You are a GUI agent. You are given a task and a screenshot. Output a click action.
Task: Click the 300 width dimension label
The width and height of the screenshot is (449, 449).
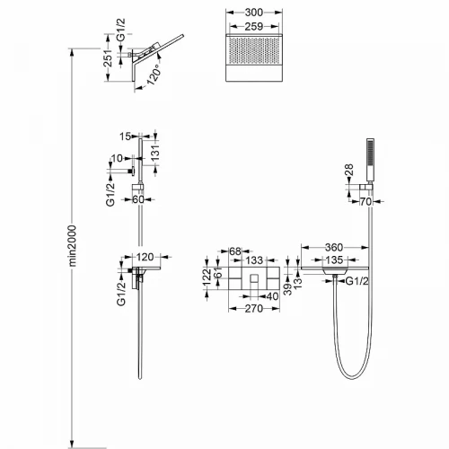tap(254, 13)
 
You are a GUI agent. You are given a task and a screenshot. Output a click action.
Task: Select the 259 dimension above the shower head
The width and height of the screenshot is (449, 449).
tap(254, 27)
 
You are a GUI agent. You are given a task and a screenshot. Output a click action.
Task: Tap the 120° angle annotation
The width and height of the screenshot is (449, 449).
tap(154, 77)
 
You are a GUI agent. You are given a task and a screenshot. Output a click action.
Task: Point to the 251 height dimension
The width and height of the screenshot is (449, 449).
tap(109, 58)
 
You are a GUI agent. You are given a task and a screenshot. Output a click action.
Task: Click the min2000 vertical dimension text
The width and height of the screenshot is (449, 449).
tap(73, 246)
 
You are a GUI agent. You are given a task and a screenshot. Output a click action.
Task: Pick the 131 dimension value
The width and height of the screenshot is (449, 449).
tap(155, 154)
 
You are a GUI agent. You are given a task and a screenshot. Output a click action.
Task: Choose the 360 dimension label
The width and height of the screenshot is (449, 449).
tap(334, 248)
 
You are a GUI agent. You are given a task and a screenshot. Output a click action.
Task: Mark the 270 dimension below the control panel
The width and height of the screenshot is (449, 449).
tap(254, 309)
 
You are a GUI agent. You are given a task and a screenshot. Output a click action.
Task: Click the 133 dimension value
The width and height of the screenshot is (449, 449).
tap(254, 260)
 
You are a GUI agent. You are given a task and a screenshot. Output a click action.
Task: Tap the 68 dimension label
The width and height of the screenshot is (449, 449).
tap(235, 251)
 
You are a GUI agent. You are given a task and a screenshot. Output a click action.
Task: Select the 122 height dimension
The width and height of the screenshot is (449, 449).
tap(207, 277)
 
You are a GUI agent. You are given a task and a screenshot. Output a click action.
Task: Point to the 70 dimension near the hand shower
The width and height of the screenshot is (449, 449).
tap(365, 202)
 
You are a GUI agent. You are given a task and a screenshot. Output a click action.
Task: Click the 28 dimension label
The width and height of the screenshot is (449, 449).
tap(349, 170)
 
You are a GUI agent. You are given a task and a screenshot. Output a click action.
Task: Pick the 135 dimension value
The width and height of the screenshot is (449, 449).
tap(334, 260)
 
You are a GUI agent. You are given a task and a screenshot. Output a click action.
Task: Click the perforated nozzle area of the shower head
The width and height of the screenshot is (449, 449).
tap(254, 50)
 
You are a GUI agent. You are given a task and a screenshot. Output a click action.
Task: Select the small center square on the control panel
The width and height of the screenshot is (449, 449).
tap(254, 278)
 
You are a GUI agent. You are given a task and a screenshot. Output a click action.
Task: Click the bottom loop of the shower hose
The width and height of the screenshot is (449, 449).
tap(353, 374)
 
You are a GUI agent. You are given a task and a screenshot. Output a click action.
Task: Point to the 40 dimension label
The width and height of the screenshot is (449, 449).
tap(272, 296)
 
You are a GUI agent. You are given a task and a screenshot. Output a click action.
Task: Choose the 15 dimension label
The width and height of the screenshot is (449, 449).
tap(126, 136)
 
